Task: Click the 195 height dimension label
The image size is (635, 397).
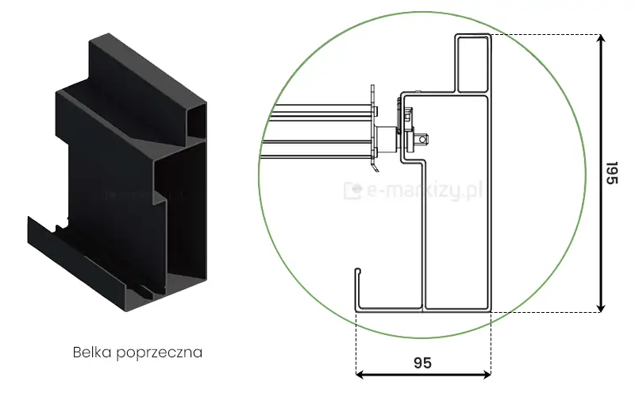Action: tap(611, 173)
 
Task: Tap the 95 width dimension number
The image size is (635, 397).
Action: tap(422, 362)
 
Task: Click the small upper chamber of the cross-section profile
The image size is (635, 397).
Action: tap(473, 64)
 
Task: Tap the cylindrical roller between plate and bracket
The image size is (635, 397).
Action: tap(387, 140)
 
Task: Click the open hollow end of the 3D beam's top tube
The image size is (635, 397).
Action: tap(198, 119)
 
